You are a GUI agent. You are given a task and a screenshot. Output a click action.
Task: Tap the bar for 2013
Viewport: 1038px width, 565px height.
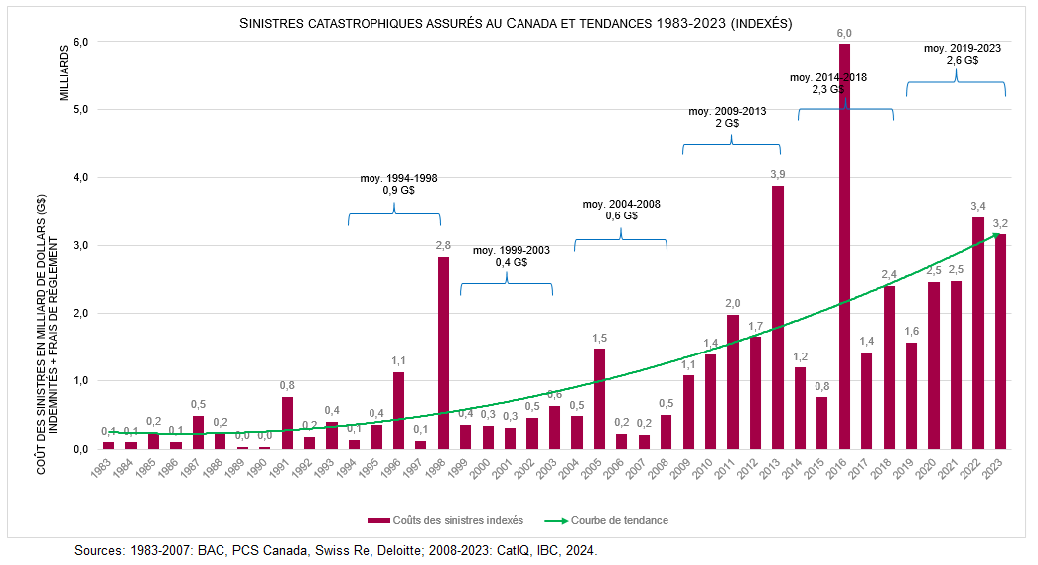pyautogui.click(x=777, y=317)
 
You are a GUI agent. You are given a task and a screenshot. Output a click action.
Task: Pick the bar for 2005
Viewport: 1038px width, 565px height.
pyautogui.click(x=599, y=398)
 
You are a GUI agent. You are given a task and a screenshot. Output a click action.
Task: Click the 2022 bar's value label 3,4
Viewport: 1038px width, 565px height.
pyautogui.click(x=977, y=207)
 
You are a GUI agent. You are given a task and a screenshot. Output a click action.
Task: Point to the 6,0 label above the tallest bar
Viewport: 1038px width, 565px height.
pyautogui.click(x=844, y=33)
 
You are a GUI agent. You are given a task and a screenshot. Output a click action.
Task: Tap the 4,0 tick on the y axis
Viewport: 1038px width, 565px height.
pyautogui.click(x=80, y=178)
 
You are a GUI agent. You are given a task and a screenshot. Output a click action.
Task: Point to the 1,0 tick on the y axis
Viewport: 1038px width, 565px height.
pyautogui.click(x=80, y=381)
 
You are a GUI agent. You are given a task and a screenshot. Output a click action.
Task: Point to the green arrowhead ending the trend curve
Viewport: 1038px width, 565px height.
pyautogui.click(x=996, y=236)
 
